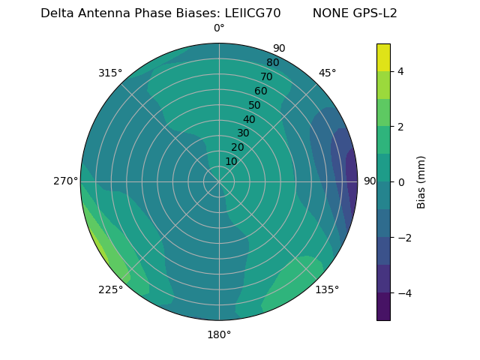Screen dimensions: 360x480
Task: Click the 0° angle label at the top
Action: tap(219, 28)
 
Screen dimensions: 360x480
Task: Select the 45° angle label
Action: tap(327, 73)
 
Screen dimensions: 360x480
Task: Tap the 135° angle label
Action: tap(327, 289)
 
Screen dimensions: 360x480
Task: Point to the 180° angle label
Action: tap(219, 334)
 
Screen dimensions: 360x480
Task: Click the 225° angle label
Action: tap(110, 289)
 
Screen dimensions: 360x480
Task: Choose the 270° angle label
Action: tap(65, 181)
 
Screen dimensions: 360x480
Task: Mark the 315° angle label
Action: tap(110, 73)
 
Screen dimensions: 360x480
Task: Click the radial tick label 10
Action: tap(231, 161)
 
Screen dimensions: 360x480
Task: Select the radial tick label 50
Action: tap(255, 105)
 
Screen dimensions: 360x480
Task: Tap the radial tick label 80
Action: tap(273, 63)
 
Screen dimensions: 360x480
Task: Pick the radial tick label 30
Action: tap(243, 133)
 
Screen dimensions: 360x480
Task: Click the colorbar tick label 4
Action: tap(400, 71)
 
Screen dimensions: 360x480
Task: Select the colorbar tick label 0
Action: tap(400, 182)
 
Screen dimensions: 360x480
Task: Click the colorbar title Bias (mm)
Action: tap(421, 182)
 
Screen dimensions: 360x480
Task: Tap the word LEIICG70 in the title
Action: tap(253, 13)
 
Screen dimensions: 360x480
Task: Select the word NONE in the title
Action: tap(328, 13)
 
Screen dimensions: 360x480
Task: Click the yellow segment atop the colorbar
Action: tap(383, 57)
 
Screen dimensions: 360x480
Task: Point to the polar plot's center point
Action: tap(219, 181)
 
